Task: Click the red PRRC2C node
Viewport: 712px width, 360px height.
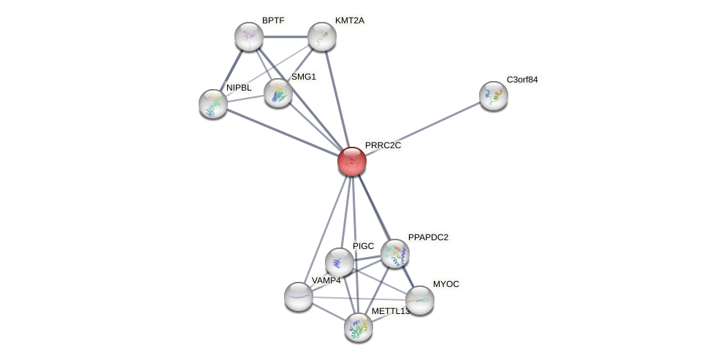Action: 351,161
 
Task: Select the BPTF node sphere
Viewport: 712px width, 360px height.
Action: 249,37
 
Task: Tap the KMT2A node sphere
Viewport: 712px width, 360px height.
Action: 321,37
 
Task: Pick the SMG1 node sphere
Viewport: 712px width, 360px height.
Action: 277,93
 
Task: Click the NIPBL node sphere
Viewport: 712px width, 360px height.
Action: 213,104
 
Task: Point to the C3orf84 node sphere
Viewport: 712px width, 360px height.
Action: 494,95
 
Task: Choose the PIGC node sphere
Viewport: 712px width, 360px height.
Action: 340,261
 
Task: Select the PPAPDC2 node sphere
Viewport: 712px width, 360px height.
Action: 395,253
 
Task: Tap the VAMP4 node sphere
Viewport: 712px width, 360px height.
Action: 298,296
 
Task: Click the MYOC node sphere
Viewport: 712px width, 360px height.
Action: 419,299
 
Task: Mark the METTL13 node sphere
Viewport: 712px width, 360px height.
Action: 359,326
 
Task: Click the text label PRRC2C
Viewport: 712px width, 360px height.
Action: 383,145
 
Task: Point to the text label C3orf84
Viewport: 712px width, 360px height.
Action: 522,80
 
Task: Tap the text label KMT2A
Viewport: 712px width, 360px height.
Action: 349,20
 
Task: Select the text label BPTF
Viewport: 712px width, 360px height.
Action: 272,20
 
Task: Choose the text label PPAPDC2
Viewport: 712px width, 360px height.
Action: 428,237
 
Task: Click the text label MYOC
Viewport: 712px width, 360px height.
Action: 445,284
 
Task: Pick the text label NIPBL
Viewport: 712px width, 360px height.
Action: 239,88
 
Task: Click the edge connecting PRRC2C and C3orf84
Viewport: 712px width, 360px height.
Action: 424,128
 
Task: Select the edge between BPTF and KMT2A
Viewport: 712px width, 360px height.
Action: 285,37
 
